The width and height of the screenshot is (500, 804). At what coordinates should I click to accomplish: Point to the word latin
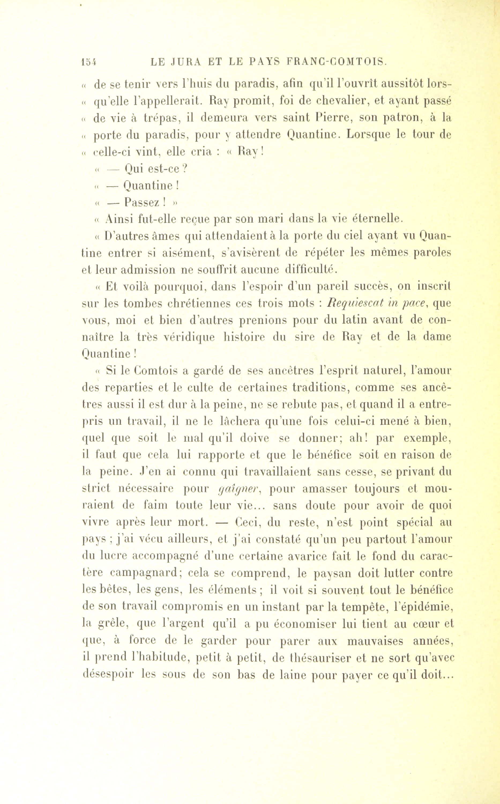[x=364, y=320]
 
